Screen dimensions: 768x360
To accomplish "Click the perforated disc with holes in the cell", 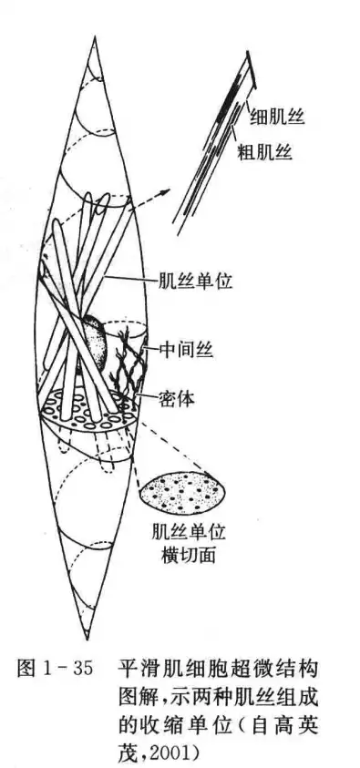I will (x=87, y=406).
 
